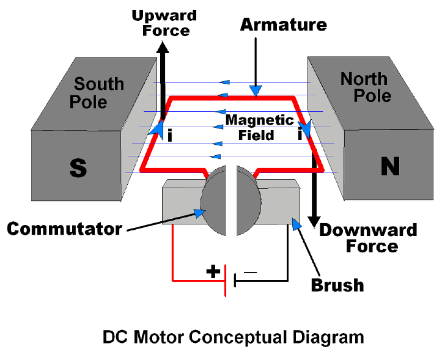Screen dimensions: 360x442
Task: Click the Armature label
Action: pos(283,25)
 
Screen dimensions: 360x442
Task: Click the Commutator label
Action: pos(64,229)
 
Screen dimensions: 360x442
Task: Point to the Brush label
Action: pos(337,285)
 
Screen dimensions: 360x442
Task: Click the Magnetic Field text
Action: pos(259,128)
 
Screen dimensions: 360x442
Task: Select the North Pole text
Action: pos(364,87)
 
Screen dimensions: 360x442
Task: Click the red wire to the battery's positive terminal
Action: pos(172,257)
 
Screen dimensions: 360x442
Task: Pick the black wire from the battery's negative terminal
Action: pos(287,257)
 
